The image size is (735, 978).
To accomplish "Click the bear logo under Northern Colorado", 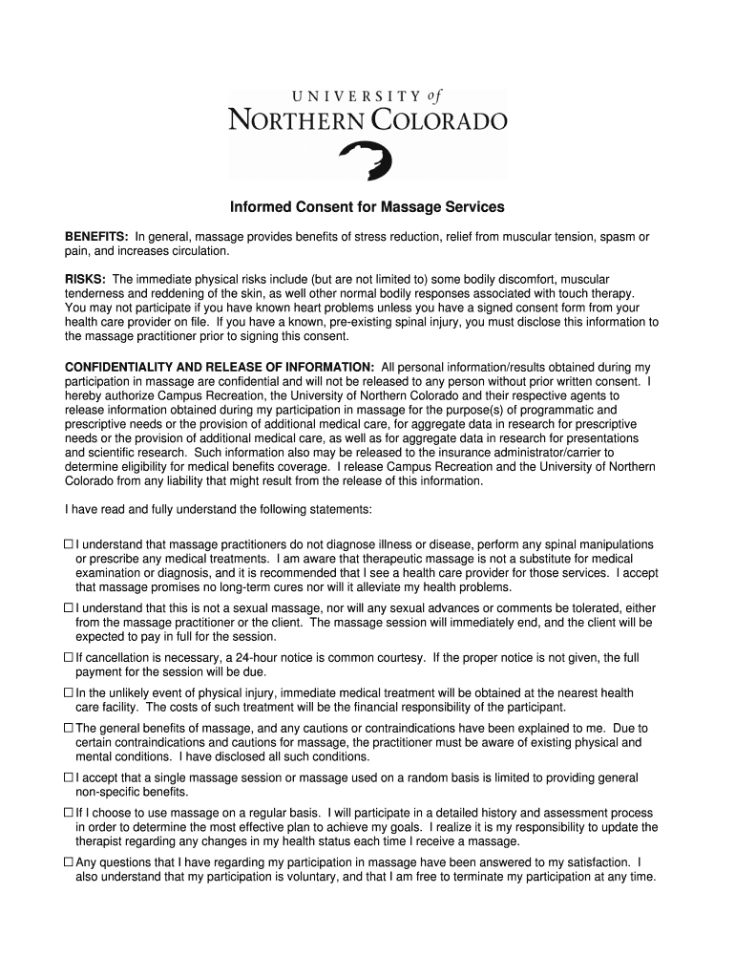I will coord(367,159).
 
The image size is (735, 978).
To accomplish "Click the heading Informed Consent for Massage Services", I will coord(367,207).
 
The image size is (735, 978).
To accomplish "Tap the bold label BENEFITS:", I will coord(96,237).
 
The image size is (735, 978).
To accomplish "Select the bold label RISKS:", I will coord(85,279).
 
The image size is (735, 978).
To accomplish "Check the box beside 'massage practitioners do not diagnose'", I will coord(69,544).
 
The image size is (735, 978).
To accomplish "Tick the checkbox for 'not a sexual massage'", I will coord(69,608).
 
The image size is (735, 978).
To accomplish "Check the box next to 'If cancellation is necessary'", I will coord(69,658).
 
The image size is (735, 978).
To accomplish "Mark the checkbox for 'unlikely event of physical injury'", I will coord(69,693).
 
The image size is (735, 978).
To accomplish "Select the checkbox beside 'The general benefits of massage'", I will coord(69,728).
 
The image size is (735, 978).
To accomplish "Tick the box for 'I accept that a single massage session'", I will coord(69,778).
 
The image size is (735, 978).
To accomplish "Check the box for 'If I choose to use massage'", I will coord(69,813).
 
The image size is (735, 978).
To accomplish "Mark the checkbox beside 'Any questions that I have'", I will coord(69,862).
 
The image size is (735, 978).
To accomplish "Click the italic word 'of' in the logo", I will coord(434,96).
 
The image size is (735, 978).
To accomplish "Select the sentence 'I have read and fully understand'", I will coord(218,509).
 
